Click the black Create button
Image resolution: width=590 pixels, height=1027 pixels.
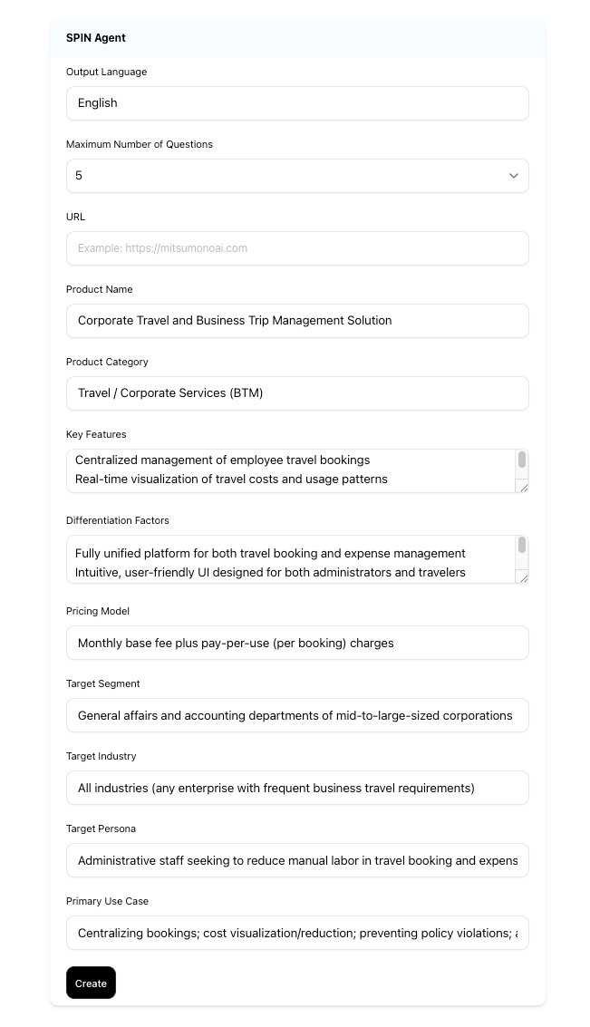tap(91, 983)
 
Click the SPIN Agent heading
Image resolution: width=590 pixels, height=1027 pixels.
tap(96, 38)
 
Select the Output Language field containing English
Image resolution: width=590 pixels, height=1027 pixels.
tap(297, 103)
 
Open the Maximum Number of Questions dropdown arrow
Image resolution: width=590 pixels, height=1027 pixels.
tap(513, 176)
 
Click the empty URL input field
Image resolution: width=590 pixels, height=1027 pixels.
tap(297, 248)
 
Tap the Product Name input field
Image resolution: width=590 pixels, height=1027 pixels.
tap(297, 321)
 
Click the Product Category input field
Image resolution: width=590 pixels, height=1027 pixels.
tap(297, 393)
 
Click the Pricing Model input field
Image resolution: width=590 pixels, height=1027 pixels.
tap(297, 643)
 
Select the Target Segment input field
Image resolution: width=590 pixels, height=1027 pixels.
tap(297, 715)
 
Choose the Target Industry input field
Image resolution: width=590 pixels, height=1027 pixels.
tap(297, 788)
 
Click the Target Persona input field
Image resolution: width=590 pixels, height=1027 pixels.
tap(297, 860)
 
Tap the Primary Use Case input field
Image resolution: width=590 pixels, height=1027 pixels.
tap(297, 933)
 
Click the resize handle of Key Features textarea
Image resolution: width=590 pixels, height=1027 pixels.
tap(522, 487)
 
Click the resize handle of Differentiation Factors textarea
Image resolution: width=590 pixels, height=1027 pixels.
tap(522, 577)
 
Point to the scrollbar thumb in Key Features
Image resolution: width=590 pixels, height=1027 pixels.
tap(522, 460)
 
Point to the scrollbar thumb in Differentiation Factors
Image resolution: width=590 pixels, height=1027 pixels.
tap(522, 546)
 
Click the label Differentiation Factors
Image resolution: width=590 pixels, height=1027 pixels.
tap(117, 520)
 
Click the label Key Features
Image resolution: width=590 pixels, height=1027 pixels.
tap(96, 434)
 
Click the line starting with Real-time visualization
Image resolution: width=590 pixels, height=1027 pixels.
tap(231, 479)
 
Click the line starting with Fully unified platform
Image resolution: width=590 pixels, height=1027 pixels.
tap(270, 553)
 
